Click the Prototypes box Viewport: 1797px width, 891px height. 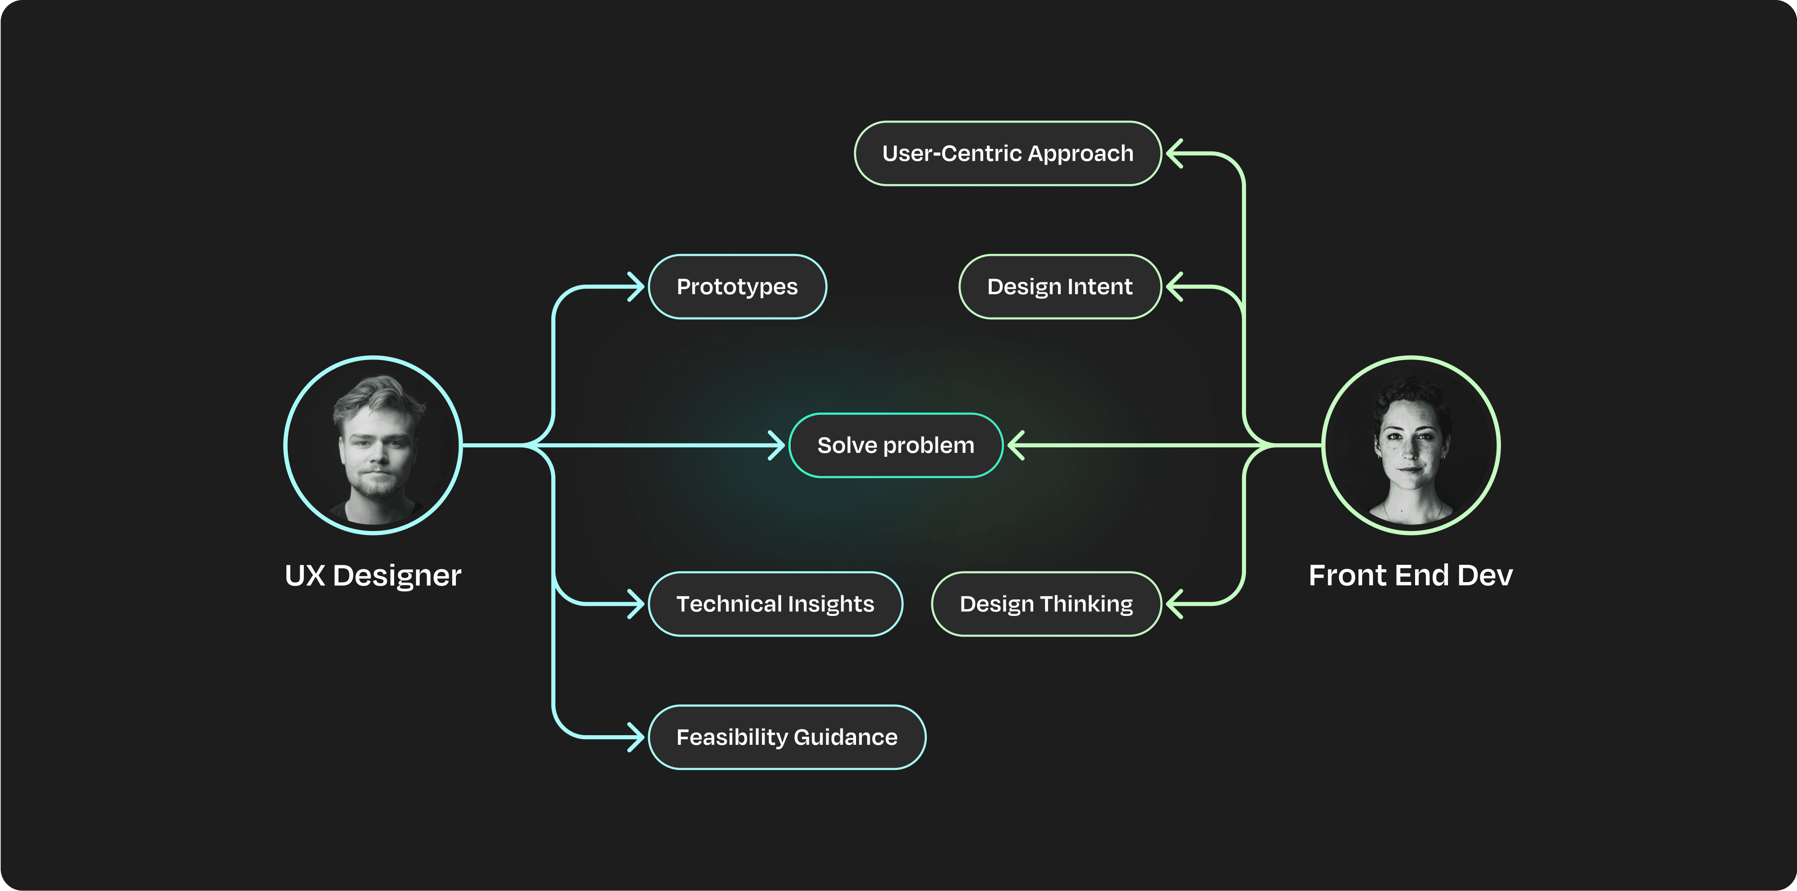coord(737,287)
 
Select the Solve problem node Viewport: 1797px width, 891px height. coord(896,445)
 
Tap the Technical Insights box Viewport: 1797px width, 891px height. coord(775,604)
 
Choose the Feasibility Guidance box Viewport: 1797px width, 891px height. coord(787,737)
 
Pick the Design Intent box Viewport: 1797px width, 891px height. coord(1060,287)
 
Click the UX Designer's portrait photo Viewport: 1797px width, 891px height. coord(373,445)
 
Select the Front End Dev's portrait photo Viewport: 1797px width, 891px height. coord(1411,445)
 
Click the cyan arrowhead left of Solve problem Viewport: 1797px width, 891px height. coord(777,445)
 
